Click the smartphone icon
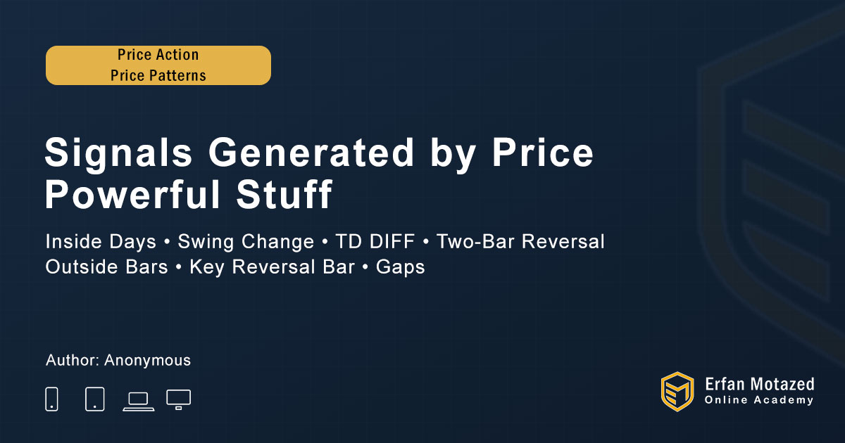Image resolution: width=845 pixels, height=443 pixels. coord(51,399)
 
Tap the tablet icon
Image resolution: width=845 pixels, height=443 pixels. coord(94,399)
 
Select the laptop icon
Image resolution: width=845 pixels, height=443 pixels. coord(139,402)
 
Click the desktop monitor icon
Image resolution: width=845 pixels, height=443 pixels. coord(178,399)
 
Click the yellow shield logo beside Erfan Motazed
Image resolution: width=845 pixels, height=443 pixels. coord(677,392)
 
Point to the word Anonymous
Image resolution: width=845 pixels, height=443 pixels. coord(147,361)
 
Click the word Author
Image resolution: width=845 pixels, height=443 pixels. coord(73,360)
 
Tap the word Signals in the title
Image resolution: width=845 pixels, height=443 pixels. coord(118,153)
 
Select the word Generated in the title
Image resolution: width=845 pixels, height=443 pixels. coord(311,152)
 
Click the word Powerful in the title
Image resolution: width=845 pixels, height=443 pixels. coord(132,194)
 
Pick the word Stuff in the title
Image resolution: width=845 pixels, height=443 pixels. coord(284,194)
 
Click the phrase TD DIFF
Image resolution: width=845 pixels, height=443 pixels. coord(375,241)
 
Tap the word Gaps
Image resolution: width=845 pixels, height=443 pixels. coord(400,267)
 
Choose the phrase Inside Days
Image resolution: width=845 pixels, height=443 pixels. coord(101,242)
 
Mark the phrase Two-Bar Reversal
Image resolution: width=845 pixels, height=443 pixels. coord(520,241)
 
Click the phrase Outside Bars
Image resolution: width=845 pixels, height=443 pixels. coord(107,267)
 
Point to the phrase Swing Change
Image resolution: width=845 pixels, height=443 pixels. coord(246,242)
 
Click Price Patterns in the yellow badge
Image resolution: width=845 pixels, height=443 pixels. coord(158,75)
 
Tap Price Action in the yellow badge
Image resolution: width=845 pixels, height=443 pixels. coord(158,55)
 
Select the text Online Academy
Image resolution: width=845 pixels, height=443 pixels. coord(759,400)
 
